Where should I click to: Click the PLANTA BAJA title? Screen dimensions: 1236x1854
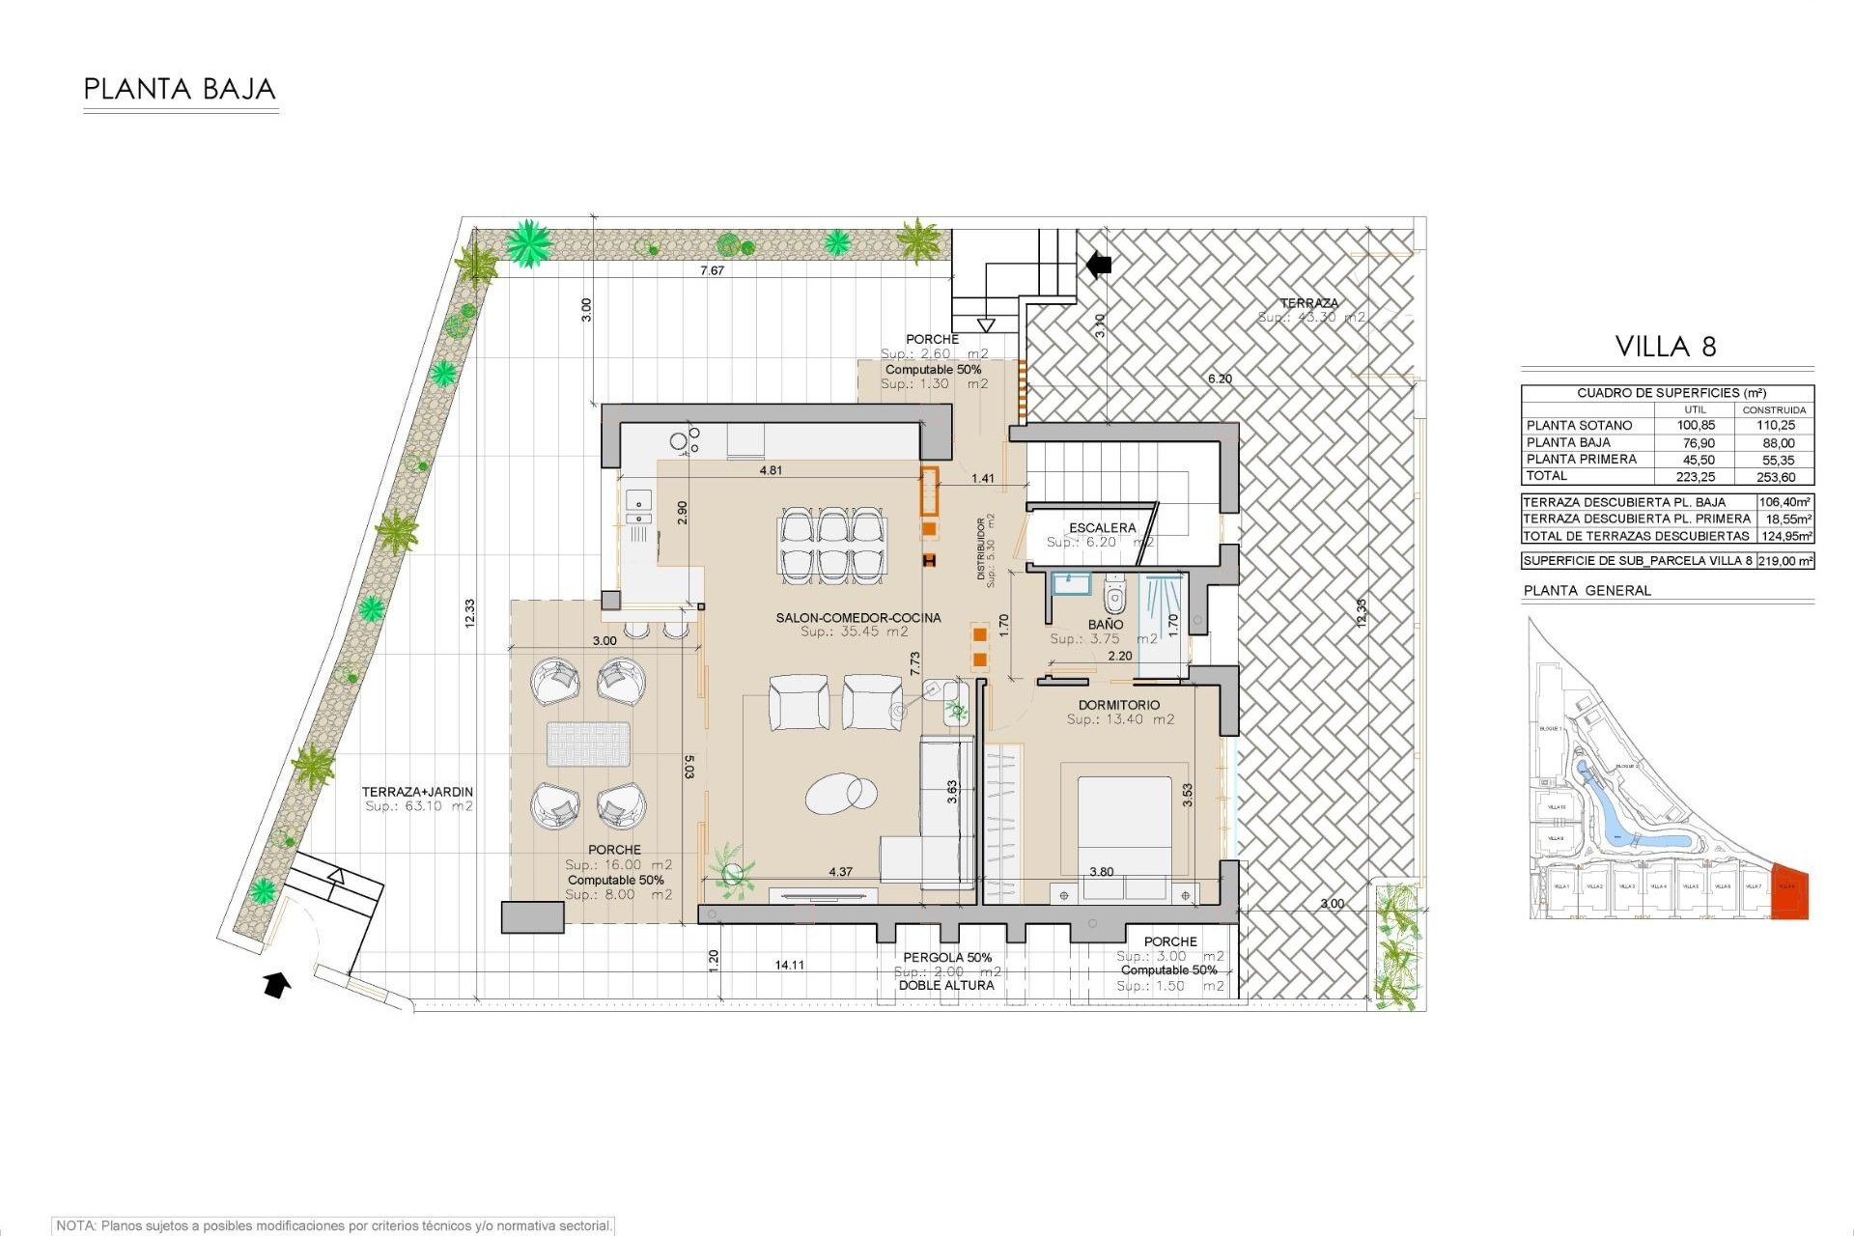click(180, 90)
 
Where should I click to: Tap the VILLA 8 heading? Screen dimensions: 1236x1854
click(1666, 347)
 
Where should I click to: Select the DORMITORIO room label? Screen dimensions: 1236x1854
click(1119, 705)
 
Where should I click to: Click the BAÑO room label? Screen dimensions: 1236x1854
click(1106, 625)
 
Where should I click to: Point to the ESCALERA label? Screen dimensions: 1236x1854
click(1102, 528)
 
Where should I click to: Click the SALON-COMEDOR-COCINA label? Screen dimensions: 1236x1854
click(857, 618)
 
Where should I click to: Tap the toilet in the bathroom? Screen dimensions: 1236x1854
click(1114, 596)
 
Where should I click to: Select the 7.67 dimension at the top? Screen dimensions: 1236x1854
click(712, 271)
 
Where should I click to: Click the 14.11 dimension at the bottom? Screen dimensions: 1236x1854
click(789, 965)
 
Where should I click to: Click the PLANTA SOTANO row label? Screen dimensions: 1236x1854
click(1579, 425)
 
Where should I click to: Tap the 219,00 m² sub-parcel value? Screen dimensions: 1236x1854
click(1784, 560)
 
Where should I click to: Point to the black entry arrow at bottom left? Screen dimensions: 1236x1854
click(277, 985)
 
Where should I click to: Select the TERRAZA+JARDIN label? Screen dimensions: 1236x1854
click(417, 792)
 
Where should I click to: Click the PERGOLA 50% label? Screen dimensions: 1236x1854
click(947, 957)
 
